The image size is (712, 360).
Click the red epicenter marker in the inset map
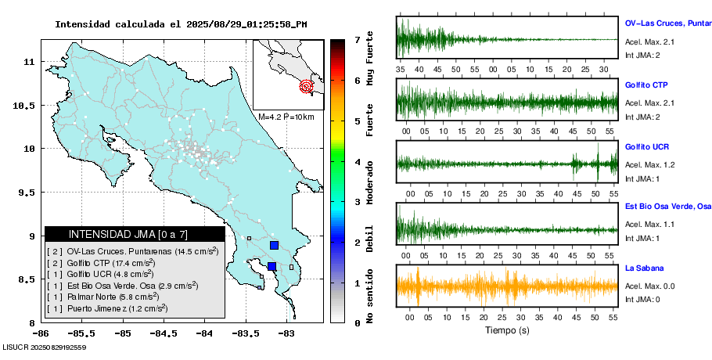click(x=307, y=86)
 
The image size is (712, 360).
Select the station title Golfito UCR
click(x=646, y=147)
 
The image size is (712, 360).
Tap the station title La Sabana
click(x=643, y=268)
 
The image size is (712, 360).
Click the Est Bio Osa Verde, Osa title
click(x=667, y=207)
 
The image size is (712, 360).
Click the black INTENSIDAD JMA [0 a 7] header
click(x=135, y=234)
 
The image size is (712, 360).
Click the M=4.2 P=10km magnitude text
click(x=286, y=117)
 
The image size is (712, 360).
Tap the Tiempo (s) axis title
click(x=507, y=330)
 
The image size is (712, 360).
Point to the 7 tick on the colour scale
click(x=357, y=39)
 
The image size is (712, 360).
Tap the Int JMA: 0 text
click(x=642, y=299)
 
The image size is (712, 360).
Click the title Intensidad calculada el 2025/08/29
click(x=181, y=24)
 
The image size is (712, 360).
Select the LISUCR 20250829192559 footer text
click(x=44, y=347)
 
